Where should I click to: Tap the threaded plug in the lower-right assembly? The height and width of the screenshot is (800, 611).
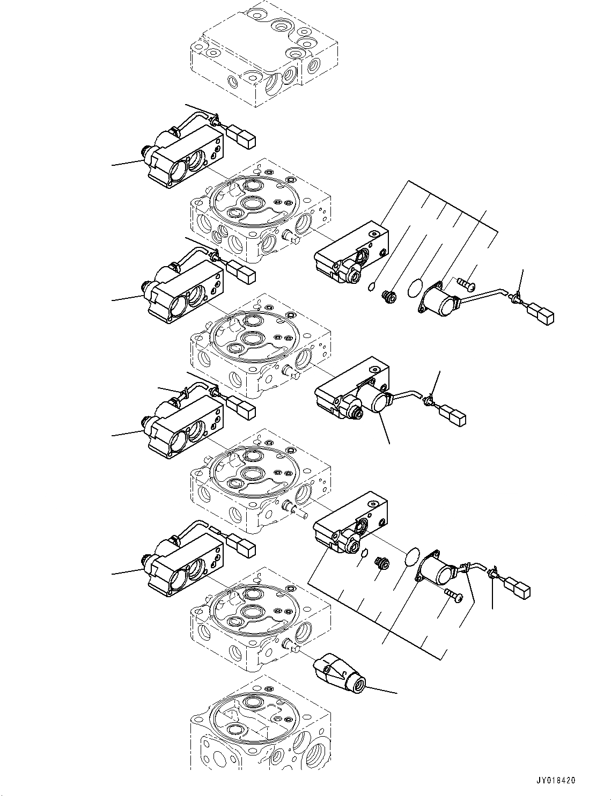tap(382, 564)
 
